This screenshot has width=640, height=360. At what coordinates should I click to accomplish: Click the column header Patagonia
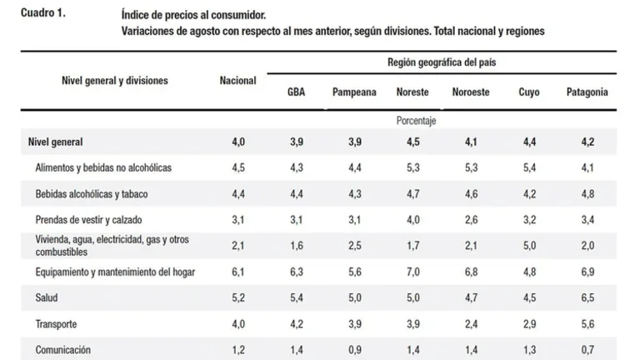(x=587, y=92)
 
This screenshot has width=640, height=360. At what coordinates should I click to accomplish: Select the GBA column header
(x=297, y=92)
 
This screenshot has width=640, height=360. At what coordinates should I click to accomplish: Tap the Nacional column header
(x=238, y=80)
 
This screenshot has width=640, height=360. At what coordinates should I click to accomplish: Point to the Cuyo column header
(x=529, y=92)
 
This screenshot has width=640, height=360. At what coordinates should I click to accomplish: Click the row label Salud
(x=47, y=297)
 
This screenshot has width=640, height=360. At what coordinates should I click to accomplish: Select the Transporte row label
(x=56, y=324)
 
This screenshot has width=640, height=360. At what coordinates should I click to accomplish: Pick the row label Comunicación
(x=62, y=350)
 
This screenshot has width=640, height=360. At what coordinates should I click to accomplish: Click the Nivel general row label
(x=55, y=142)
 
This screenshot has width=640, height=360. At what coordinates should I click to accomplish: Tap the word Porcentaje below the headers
(x=416, y=121)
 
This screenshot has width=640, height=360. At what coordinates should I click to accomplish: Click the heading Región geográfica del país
(x=442, y=62)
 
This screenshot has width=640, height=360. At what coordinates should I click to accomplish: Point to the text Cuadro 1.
(x=42, y=13)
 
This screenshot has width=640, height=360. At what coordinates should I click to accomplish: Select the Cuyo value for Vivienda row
(x=529, y=246)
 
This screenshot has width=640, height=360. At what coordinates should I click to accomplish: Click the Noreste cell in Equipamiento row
(x=413, y=272)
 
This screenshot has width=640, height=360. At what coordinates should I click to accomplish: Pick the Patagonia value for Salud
(x=587, y=297)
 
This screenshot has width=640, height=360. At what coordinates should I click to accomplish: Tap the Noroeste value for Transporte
(x=471, y=324)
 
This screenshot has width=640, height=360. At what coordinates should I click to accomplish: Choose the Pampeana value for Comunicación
(x=355, y=350)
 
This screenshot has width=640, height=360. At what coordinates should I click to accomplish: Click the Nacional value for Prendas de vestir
(x=238, y=220)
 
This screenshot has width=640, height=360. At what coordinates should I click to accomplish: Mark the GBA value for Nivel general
(x=297, y=142)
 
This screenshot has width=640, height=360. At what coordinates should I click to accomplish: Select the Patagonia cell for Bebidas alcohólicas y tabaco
(x=587, y=194)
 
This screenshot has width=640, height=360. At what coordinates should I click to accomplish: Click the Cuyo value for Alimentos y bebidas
(x=529, y=167)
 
